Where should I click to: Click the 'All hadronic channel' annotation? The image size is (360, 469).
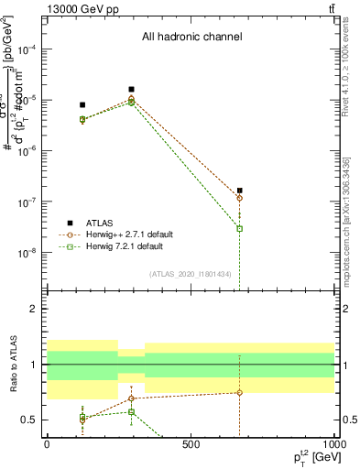tap(191, 37)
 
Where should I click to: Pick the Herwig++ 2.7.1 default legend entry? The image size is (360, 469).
tap(129, 234)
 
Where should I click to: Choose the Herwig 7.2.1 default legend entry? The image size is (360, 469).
tap(125, 246)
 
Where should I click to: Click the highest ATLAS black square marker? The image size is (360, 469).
tap(132, 90)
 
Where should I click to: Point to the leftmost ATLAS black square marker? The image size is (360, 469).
tap(82, 105)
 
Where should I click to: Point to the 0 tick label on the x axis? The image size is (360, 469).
tap(47, 445)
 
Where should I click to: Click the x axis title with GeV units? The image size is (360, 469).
tap(311, 457)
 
